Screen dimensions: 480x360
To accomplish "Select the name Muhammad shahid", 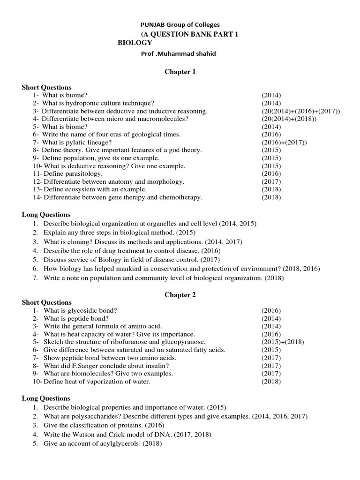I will pos(187,53).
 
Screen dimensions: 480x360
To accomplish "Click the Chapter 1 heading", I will pos(180,72).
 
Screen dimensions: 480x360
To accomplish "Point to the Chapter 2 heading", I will pos(180,295).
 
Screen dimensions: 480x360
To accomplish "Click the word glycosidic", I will pos(80,310).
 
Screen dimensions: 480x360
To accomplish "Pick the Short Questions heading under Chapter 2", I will pos(47,302).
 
